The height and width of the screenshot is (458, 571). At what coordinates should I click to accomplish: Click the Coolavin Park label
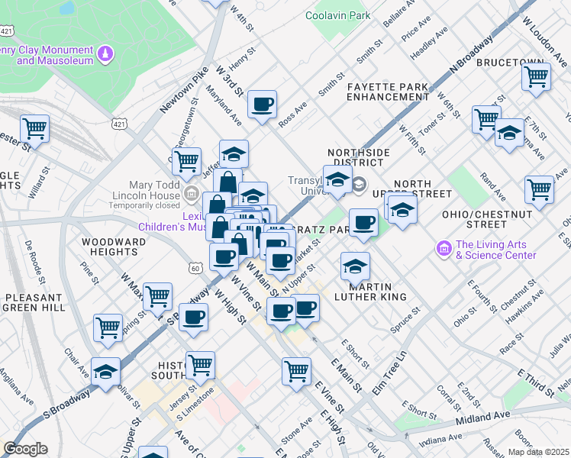337,15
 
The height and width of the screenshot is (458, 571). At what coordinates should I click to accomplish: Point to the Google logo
25,449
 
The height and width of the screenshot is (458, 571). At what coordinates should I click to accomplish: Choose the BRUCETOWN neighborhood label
510,63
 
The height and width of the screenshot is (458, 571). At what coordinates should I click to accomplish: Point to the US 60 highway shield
195,268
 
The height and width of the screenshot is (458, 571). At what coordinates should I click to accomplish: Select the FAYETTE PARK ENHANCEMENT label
387,92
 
